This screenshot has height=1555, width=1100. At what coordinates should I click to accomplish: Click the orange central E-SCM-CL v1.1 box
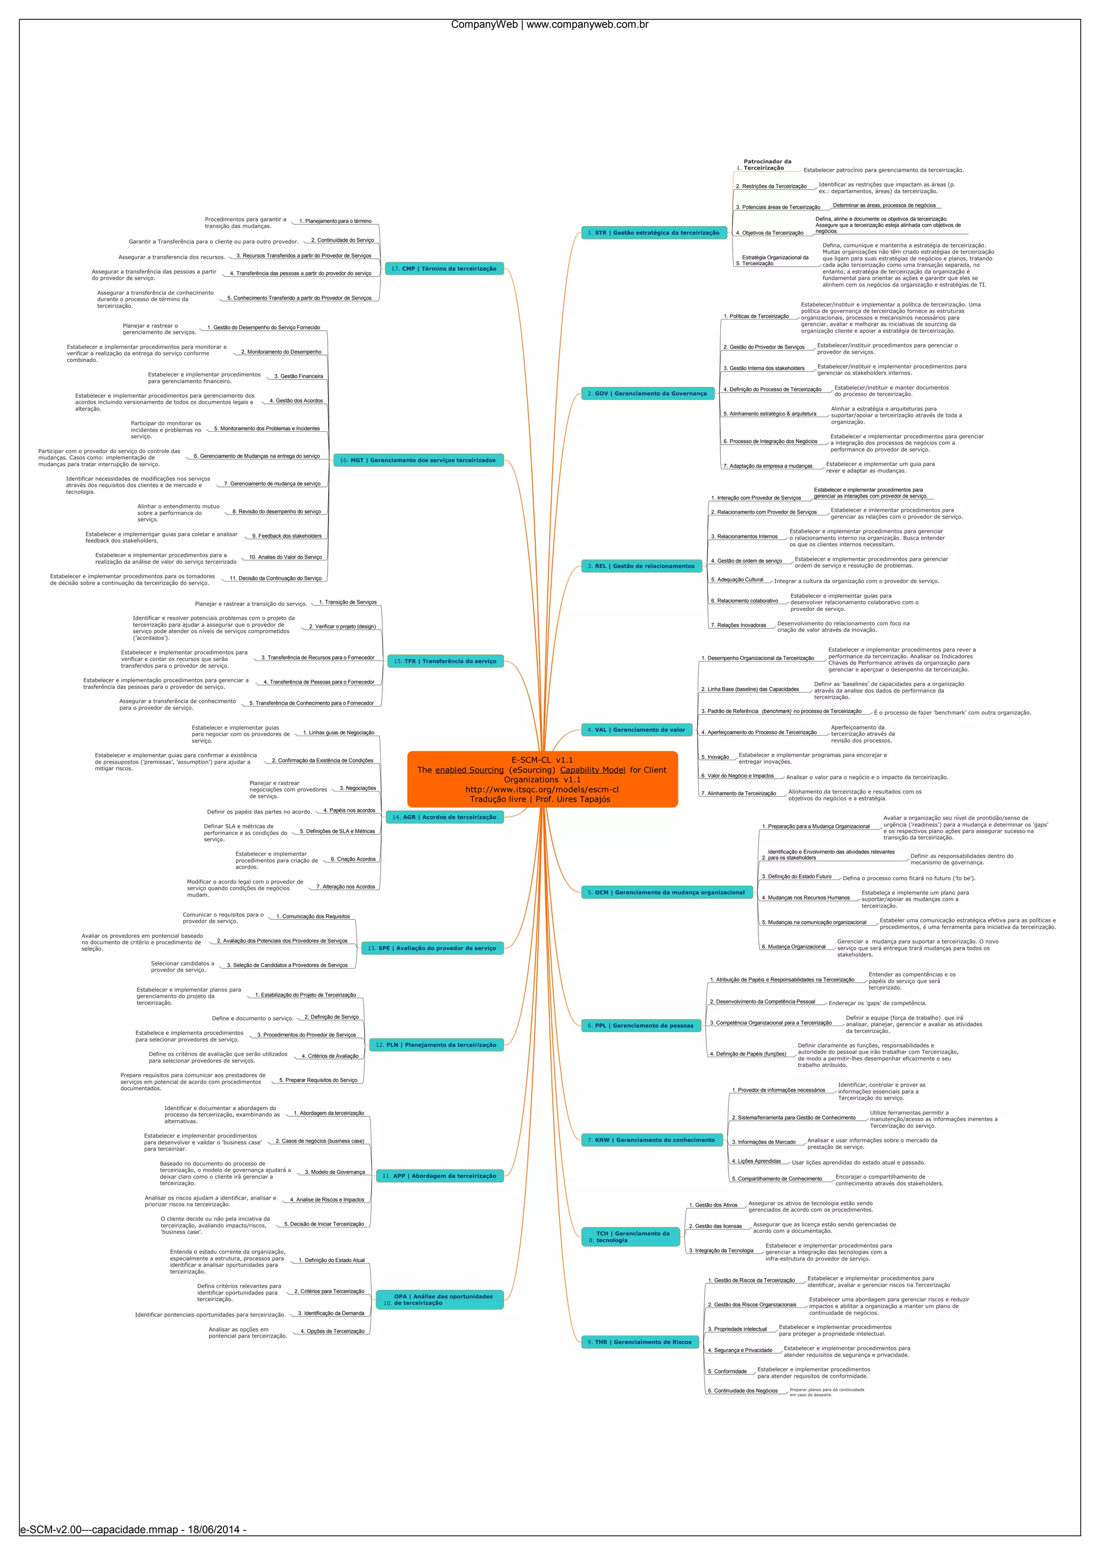coord(542,779)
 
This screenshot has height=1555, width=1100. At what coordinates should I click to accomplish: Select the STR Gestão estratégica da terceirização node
coord(653,233)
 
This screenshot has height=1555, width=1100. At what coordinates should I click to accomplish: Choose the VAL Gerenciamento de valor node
coord(636,730)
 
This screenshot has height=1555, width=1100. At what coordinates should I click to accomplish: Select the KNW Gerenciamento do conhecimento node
coord(651,1140)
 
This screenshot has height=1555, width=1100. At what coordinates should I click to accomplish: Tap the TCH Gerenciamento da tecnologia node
coord(630,1237)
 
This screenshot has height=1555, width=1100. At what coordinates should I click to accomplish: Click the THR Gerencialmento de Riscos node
coord(639,1342)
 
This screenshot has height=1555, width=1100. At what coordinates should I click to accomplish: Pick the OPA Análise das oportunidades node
coord(439,1299)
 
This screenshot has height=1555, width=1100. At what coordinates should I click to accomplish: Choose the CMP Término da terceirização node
coord(444,269)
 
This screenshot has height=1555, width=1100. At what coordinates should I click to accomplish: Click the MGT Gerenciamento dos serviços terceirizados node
coord(418,461)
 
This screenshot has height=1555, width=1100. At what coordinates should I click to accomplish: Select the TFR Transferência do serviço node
coord(445,661)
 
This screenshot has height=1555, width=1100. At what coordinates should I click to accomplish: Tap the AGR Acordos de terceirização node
coord(444,817)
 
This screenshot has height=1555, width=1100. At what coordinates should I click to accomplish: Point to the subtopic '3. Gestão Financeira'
coord(298,376)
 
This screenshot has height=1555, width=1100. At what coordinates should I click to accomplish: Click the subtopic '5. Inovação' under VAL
coord(715,757)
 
